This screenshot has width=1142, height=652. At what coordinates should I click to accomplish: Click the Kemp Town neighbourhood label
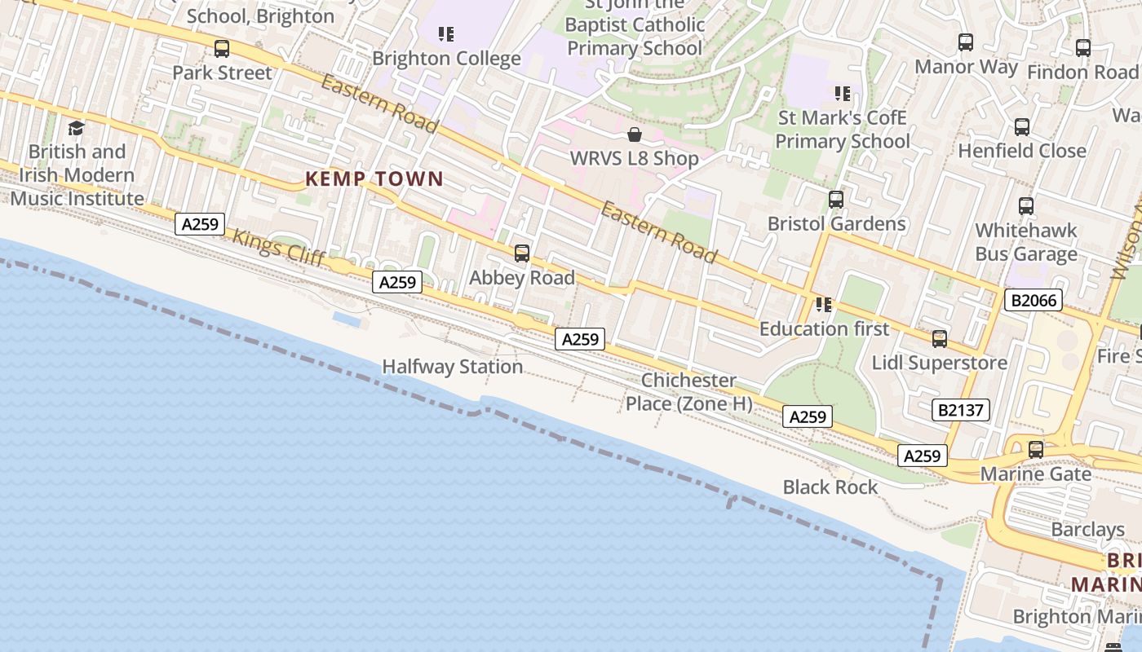coord(374,179)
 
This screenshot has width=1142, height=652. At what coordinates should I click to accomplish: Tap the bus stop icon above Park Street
coord(222,49)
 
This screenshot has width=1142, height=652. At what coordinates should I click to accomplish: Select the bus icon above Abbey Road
coord(522,253)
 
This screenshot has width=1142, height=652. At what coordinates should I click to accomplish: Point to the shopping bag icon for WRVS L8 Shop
coord(635,134)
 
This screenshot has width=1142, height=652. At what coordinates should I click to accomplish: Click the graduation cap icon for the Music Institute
coord(77,128)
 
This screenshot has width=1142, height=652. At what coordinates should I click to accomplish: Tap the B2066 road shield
coord(1034,300)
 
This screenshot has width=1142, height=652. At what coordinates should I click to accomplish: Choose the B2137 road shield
coord(961,410)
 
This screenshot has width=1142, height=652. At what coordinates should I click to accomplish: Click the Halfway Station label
coord(453,367)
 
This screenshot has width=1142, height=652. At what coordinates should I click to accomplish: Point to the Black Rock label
coord(830,487)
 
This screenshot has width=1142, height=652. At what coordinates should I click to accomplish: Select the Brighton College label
coord(446,59)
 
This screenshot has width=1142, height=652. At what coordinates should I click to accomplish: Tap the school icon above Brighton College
coord(445,34)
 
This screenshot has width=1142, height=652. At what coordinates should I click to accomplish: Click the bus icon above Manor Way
coord(966,42)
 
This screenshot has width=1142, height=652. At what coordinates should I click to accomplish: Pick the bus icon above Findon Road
coord(1083,48)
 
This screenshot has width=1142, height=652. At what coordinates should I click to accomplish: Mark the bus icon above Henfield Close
coord(1022,127)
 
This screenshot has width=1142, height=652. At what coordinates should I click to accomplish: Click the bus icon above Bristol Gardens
coord(836,200)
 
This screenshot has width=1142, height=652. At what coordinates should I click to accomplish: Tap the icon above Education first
coord(824,305)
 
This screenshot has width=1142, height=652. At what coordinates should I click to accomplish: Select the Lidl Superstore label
coord(940,363)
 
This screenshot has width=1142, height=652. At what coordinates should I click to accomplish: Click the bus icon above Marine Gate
coord(1036,449)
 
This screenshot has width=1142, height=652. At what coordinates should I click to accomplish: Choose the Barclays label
coord(1087,530)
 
